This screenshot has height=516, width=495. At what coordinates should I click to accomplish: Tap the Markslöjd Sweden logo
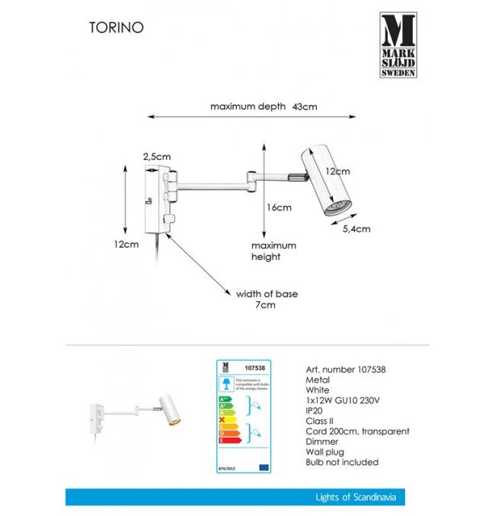[398, 45]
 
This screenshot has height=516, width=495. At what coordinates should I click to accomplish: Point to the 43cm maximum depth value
[305, 107]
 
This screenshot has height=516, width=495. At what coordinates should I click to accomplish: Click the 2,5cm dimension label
[157, 156]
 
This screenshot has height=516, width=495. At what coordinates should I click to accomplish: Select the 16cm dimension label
[279, 207]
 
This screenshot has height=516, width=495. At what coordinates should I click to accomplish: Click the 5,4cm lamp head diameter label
[356, 229]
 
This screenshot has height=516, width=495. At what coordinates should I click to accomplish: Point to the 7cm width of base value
[265, 305]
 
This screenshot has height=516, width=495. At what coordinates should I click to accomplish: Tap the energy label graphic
[245, 416]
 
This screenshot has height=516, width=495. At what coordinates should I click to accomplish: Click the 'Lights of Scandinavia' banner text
[356, 498]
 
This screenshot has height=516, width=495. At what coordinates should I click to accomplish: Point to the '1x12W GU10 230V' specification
[343, 398]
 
